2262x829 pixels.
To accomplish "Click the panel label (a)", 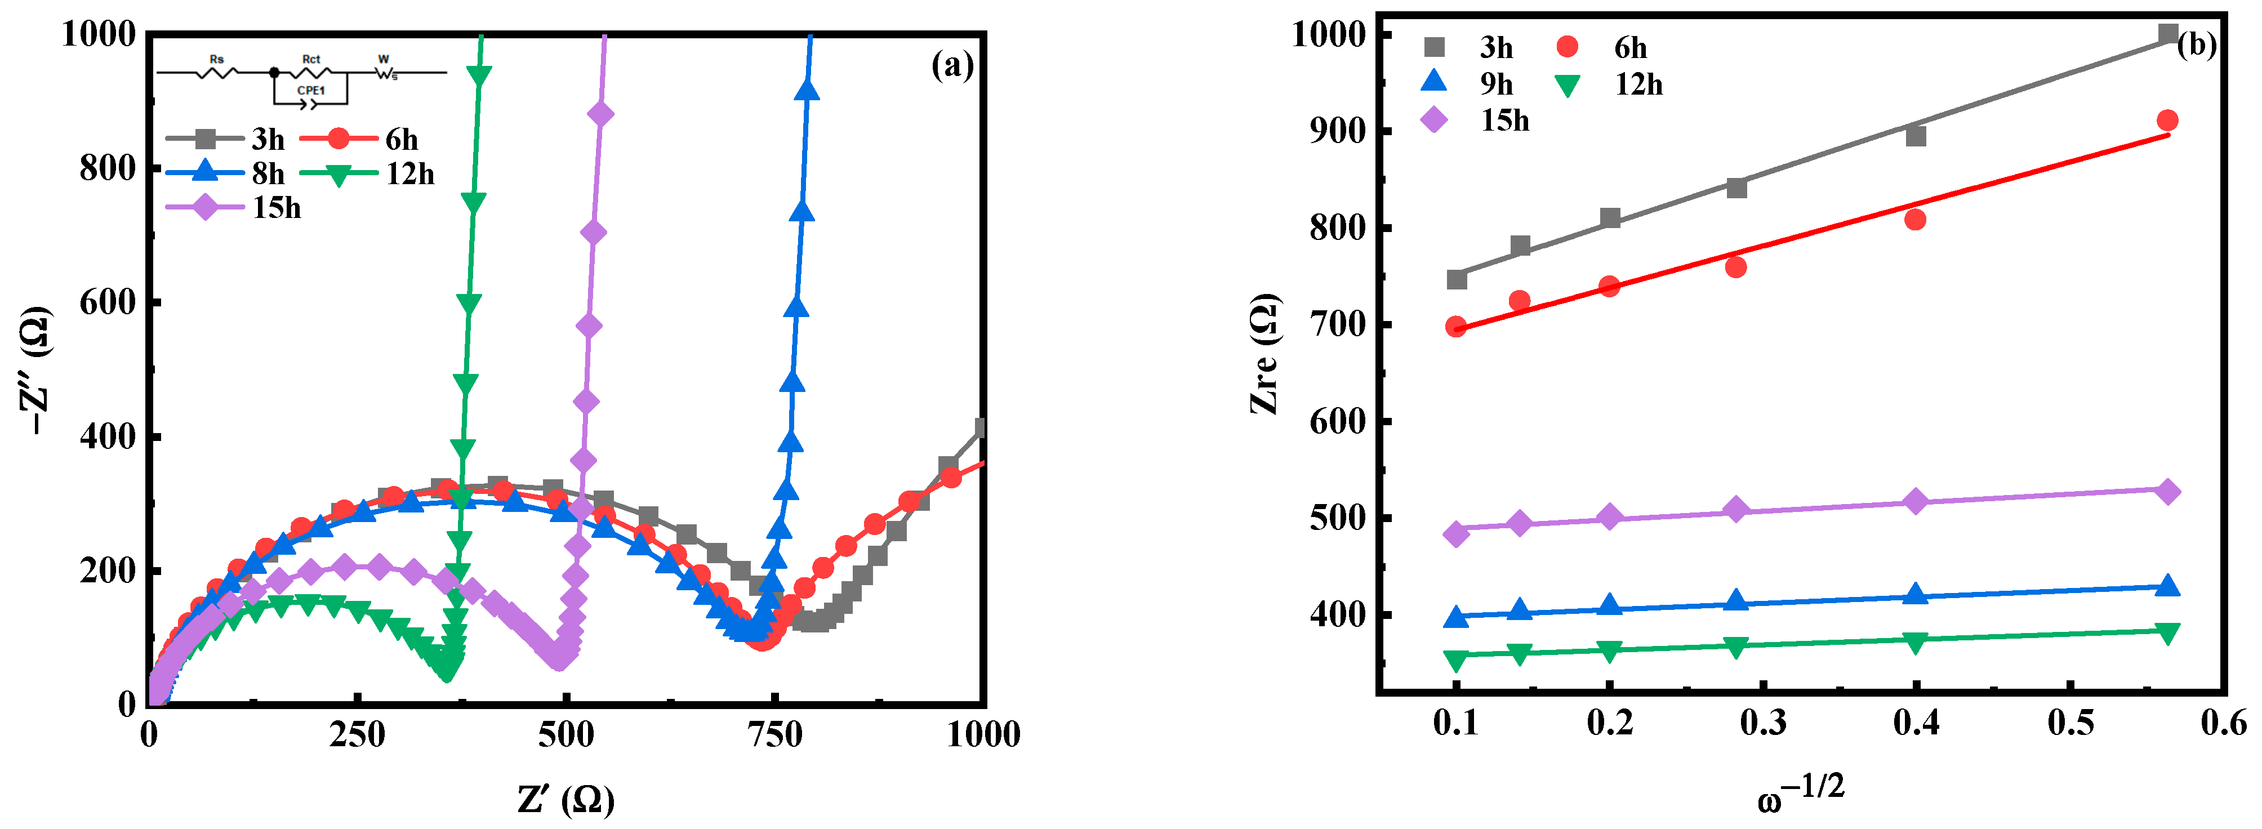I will click(952, 66).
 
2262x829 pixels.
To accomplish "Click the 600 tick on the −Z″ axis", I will click(107, 302).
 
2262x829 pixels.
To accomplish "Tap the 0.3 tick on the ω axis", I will click(1763, 722).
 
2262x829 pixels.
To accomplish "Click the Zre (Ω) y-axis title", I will click(1264, 353).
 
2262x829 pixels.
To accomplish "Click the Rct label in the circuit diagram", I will click(311, 59).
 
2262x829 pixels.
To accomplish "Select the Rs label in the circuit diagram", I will click(216, 59).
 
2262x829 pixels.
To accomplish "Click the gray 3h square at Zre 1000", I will click(2167, 34).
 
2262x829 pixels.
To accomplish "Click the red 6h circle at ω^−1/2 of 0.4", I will click(1915, 220).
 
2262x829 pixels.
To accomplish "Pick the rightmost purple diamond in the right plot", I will click(2167, 492).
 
